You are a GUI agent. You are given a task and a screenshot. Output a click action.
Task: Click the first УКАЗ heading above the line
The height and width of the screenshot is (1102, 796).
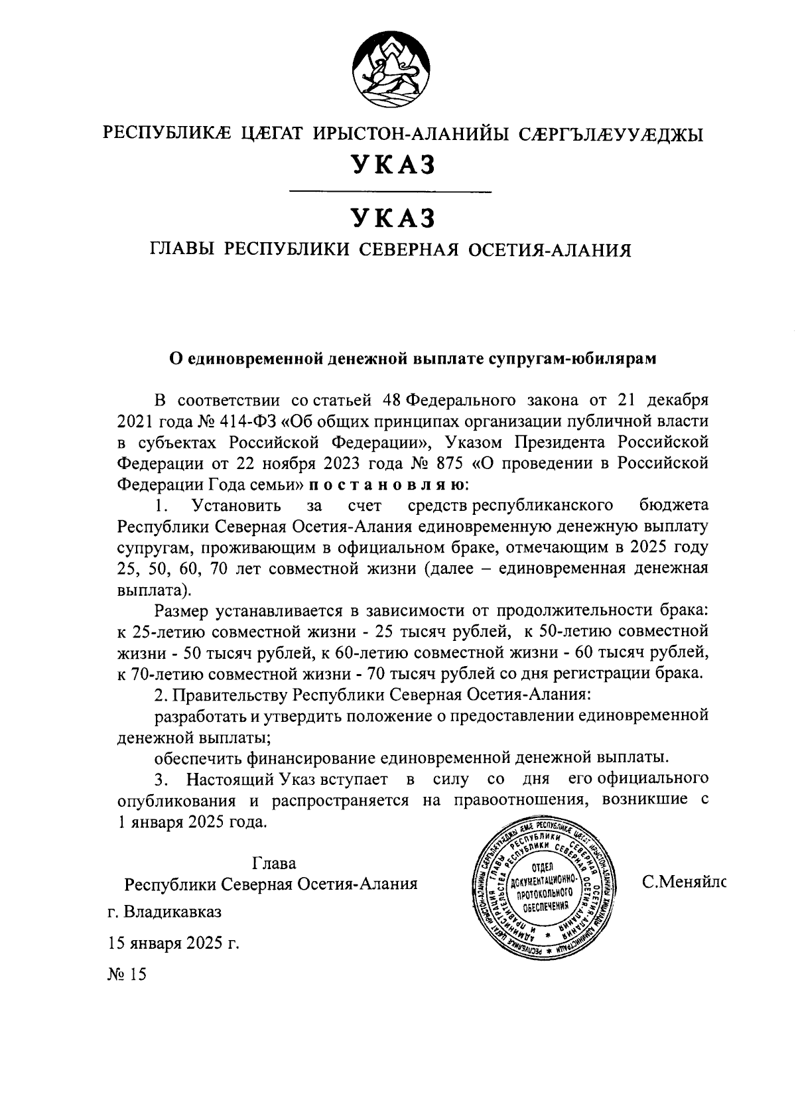[392, 165]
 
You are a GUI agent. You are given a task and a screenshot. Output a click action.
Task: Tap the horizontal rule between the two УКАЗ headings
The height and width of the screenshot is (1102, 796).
[391, 192]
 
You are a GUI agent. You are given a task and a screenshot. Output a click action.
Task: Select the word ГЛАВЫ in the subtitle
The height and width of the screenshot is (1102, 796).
[182, 250]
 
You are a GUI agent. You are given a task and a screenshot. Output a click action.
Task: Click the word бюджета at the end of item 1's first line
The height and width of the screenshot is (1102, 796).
[674, 506]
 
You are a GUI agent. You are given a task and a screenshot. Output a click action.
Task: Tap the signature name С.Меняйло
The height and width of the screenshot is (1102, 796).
[683, 883]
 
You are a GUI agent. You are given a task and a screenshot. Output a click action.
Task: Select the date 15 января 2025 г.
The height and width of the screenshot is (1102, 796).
[174, 943]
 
